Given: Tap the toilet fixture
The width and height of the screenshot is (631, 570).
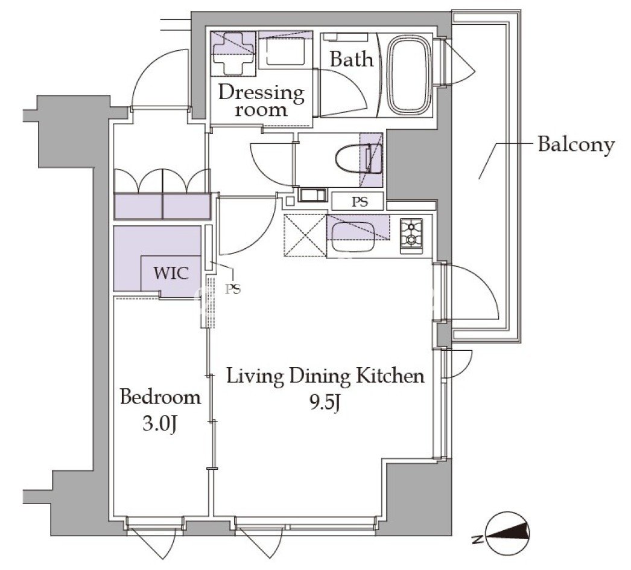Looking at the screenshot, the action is click(358, 160).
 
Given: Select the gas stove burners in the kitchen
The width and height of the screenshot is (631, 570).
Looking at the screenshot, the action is click(411, 235).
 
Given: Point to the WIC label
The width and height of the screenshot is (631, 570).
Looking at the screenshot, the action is click(171, 274).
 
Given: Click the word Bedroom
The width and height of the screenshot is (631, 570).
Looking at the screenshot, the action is click(160, 397).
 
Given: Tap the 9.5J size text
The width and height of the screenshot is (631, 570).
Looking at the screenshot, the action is click(325, 402).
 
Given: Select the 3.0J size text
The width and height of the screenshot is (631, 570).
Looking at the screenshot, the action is click(160, 424).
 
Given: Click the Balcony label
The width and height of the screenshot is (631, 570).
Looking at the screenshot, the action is click(577, 145).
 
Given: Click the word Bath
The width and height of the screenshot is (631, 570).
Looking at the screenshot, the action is click(352, 60).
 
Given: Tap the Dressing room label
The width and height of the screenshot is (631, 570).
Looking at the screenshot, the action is click(261, 101).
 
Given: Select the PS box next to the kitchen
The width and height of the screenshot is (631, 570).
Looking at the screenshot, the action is click(357, 201).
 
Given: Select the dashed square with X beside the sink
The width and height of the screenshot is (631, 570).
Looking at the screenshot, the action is click(305, 235).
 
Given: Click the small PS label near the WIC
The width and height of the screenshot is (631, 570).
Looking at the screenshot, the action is click(233, 289).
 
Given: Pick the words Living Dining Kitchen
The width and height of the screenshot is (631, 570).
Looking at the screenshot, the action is click(326, 376).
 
